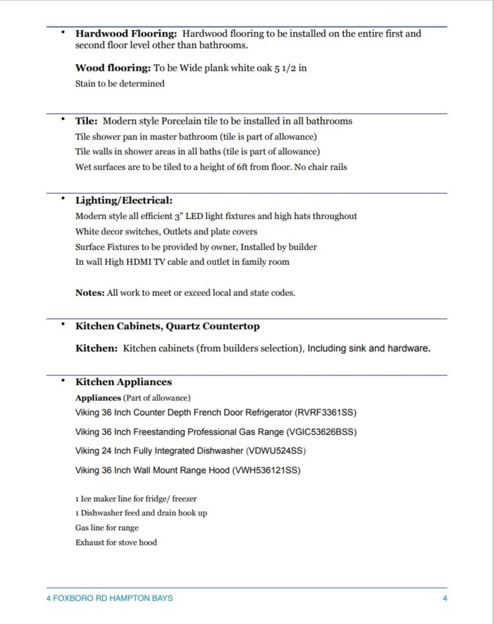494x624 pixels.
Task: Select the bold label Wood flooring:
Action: pyautogui.click(x=113, y=68)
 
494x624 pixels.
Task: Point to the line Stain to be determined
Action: pyautogui.click(x=120, y=84)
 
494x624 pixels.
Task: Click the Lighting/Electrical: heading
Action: pyautogui.click(x=124, y=201)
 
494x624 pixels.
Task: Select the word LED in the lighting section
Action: pyautogui.click(x=209, y=216)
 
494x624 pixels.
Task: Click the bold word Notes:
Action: pyautogui.click(x=90, y=292)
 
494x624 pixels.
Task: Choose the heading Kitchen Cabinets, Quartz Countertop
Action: pyautogui.click(x=167, y=326)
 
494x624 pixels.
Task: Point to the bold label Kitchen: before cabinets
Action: pyautogui.click(x=97, y=348)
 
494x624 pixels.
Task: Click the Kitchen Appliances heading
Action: pyautogui.click(x=124, y=382)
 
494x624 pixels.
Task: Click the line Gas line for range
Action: pyautogui.click(x=107, y=528)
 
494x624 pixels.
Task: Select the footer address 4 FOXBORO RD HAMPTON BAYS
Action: pyautogui.click(x=109, y=598)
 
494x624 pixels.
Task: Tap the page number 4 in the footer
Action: pyautogui.click(x=445, y=598)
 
